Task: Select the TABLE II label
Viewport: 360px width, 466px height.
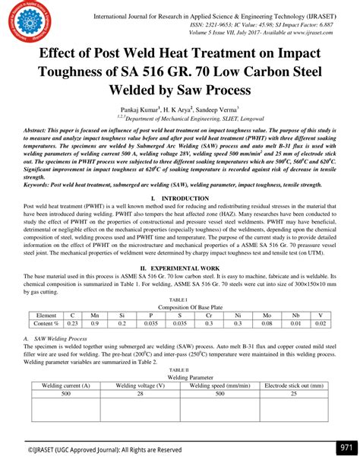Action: (x=180, y=369)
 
